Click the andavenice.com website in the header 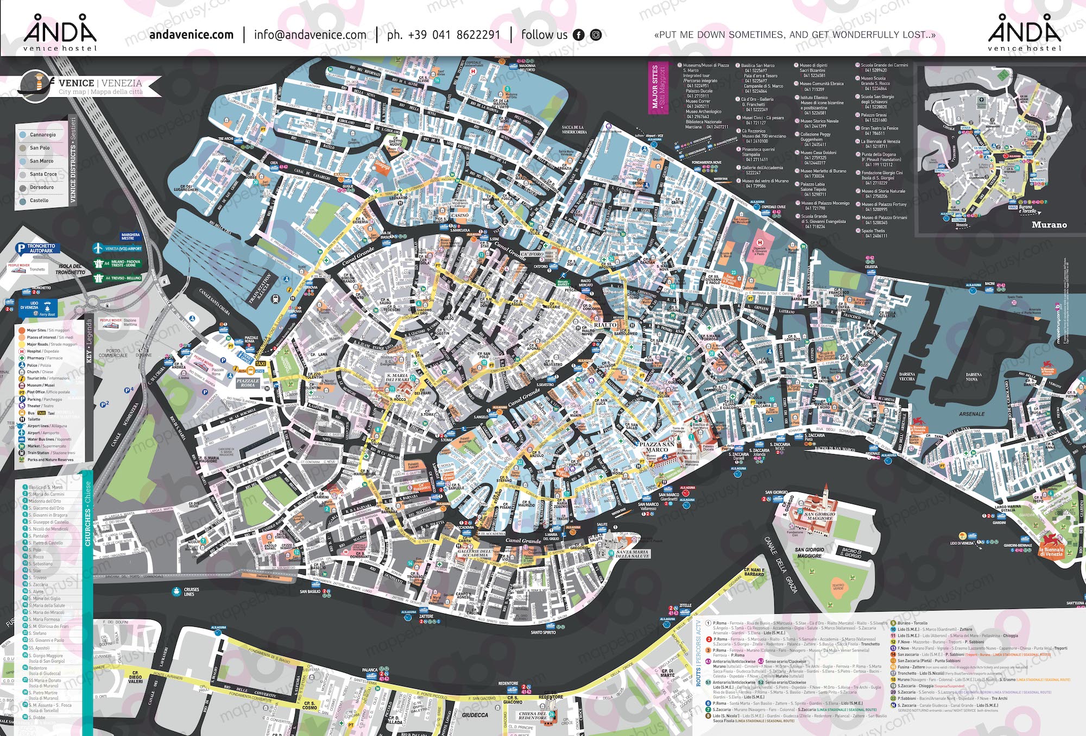191,35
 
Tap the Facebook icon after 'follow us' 579,35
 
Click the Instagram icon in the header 596,35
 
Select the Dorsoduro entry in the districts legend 41,187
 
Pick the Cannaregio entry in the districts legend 42,135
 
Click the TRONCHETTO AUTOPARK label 40,248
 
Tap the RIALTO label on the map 605,325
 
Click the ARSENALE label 971,414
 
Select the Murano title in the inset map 1049,225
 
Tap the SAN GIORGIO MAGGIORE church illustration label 819,515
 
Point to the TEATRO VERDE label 838,587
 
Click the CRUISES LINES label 191,592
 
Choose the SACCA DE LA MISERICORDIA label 574,130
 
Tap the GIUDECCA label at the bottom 475,715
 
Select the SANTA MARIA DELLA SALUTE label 632,554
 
